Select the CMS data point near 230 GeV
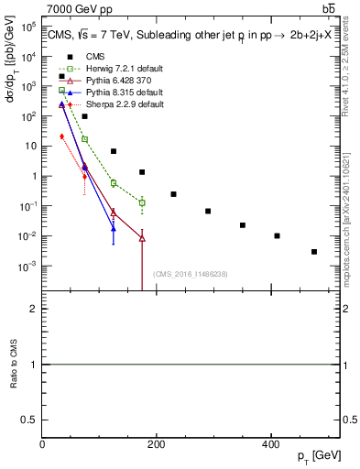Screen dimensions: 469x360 173,194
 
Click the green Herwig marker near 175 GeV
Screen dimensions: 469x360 142,202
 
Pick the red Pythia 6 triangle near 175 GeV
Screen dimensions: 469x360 142,238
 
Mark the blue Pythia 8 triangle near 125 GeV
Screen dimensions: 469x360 114,229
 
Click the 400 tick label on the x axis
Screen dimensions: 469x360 270,444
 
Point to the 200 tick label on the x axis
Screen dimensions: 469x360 156,444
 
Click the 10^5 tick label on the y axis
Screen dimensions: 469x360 28,27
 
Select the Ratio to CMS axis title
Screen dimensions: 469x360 13,365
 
